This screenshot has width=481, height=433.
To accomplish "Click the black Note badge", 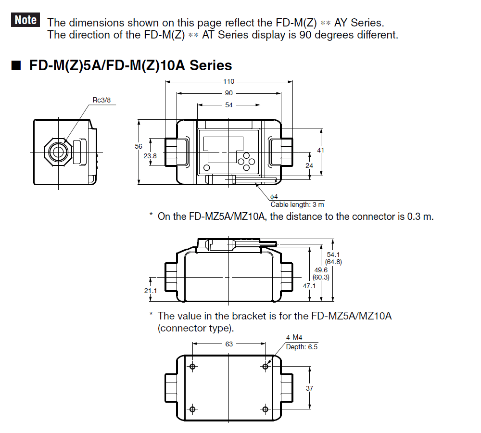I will (x=25, y=20).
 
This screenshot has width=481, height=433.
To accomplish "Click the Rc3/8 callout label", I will (x=104, y=100).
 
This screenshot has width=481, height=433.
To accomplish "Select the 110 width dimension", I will (x=228, y=81).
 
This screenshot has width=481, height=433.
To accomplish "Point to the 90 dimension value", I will (x=228, y=93).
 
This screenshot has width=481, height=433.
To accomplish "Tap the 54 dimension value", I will (x=228, y=105).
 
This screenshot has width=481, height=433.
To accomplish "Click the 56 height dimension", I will (x=139, y=146).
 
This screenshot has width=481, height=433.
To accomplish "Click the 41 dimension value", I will (x=321, y=151).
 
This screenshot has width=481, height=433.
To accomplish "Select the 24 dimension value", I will (x=310, y=165).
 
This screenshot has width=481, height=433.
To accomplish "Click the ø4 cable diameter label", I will (x=274, y=197).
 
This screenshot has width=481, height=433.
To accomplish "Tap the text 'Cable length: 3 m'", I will (x=297, y=204).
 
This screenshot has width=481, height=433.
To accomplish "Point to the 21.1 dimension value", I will (x=151, y=291).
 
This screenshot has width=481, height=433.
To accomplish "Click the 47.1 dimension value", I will (x=309, y=286).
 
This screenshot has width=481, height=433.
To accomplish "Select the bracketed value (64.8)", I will (x=333, y=262).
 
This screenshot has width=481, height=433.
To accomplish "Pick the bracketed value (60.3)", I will (x=321, y=278).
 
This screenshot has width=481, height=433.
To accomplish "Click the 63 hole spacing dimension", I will (x=228, y=344).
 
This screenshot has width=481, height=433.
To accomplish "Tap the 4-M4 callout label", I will (x=294, y=338).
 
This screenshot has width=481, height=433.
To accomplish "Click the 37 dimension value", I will (x=310, y=388).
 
